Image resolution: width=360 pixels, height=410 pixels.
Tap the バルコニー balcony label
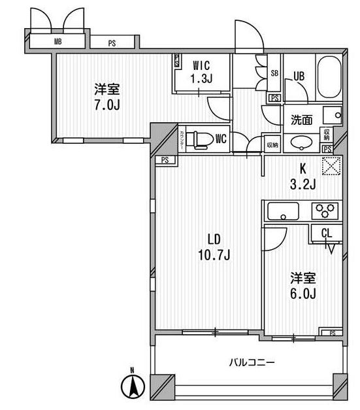(x=252, y=362)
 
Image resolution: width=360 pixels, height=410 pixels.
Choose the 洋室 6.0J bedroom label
(x=303, y=286)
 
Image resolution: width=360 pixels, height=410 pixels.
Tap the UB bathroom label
(x=299, y=76)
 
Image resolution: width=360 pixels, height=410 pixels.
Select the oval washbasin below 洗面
(x=302, y=143)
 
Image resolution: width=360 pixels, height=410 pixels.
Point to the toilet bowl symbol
(x=203, y=138)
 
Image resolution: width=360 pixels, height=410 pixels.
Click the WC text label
(x=221, y=138)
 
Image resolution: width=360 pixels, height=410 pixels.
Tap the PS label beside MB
(x=112, y=44)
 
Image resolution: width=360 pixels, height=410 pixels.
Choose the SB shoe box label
(x=274, y=73)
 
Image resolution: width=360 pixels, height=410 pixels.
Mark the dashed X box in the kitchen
(x=331, y=167)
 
